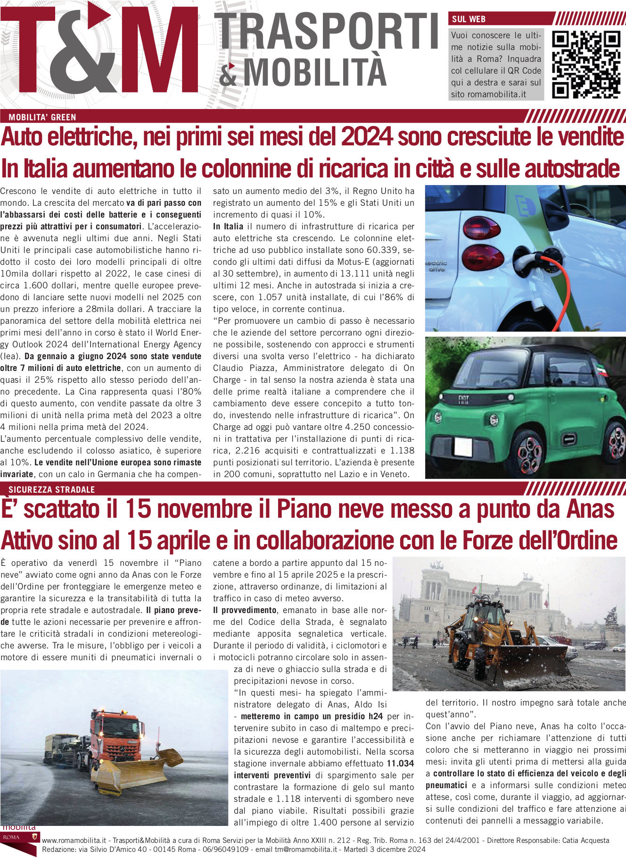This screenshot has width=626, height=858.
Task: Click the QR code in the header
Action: tap(585, 65)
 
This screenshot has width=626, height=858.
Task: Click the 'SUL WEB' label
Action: tap(469, 19)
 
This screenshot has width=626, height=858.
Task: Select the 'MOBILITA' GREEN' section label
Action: tap(42, 118)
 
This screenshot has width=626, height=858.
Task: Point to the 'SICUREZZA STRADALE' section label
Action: tap(52, 490)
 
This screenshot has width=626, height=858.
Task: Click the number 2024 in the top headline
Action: tap(367, 137)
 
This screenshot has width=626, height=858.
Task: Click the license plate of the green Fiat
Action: tap(462, 446)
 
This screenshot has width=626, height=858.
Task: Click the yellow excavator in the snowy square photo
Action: tap(504, 637)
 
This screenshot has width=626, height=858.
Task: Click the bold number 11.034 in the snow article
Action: tap(400, 764)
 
